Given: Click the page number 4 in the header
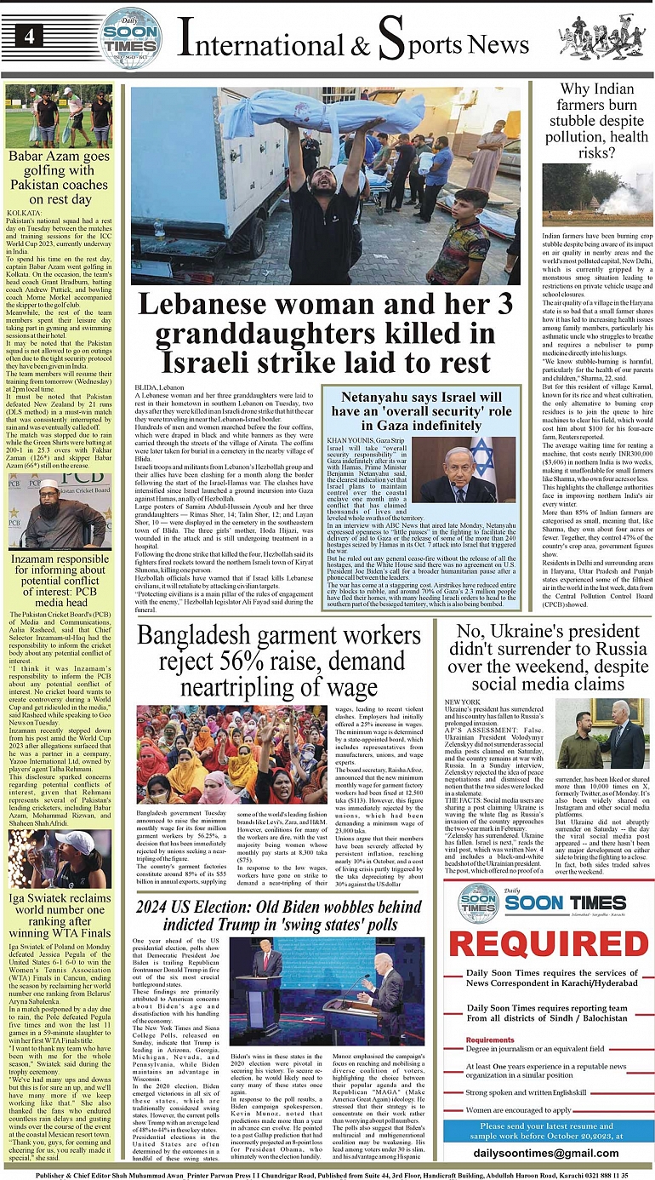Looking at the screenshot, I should point(30,37).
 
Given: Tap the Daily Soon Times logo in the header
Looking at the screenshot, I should point(130,37).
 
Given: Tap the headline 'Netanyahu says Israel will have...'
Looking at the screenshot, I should point(421,410).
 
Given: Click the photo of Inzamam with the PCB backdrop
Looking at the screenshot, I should point(59,511).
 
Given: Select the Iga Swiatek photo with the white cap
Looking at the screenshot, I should point(59,860).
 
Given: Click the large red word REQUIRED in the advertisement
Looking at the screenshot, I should point(548,944).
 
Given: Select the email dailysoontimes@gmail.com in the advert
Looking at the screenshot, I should point(548,1153).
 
